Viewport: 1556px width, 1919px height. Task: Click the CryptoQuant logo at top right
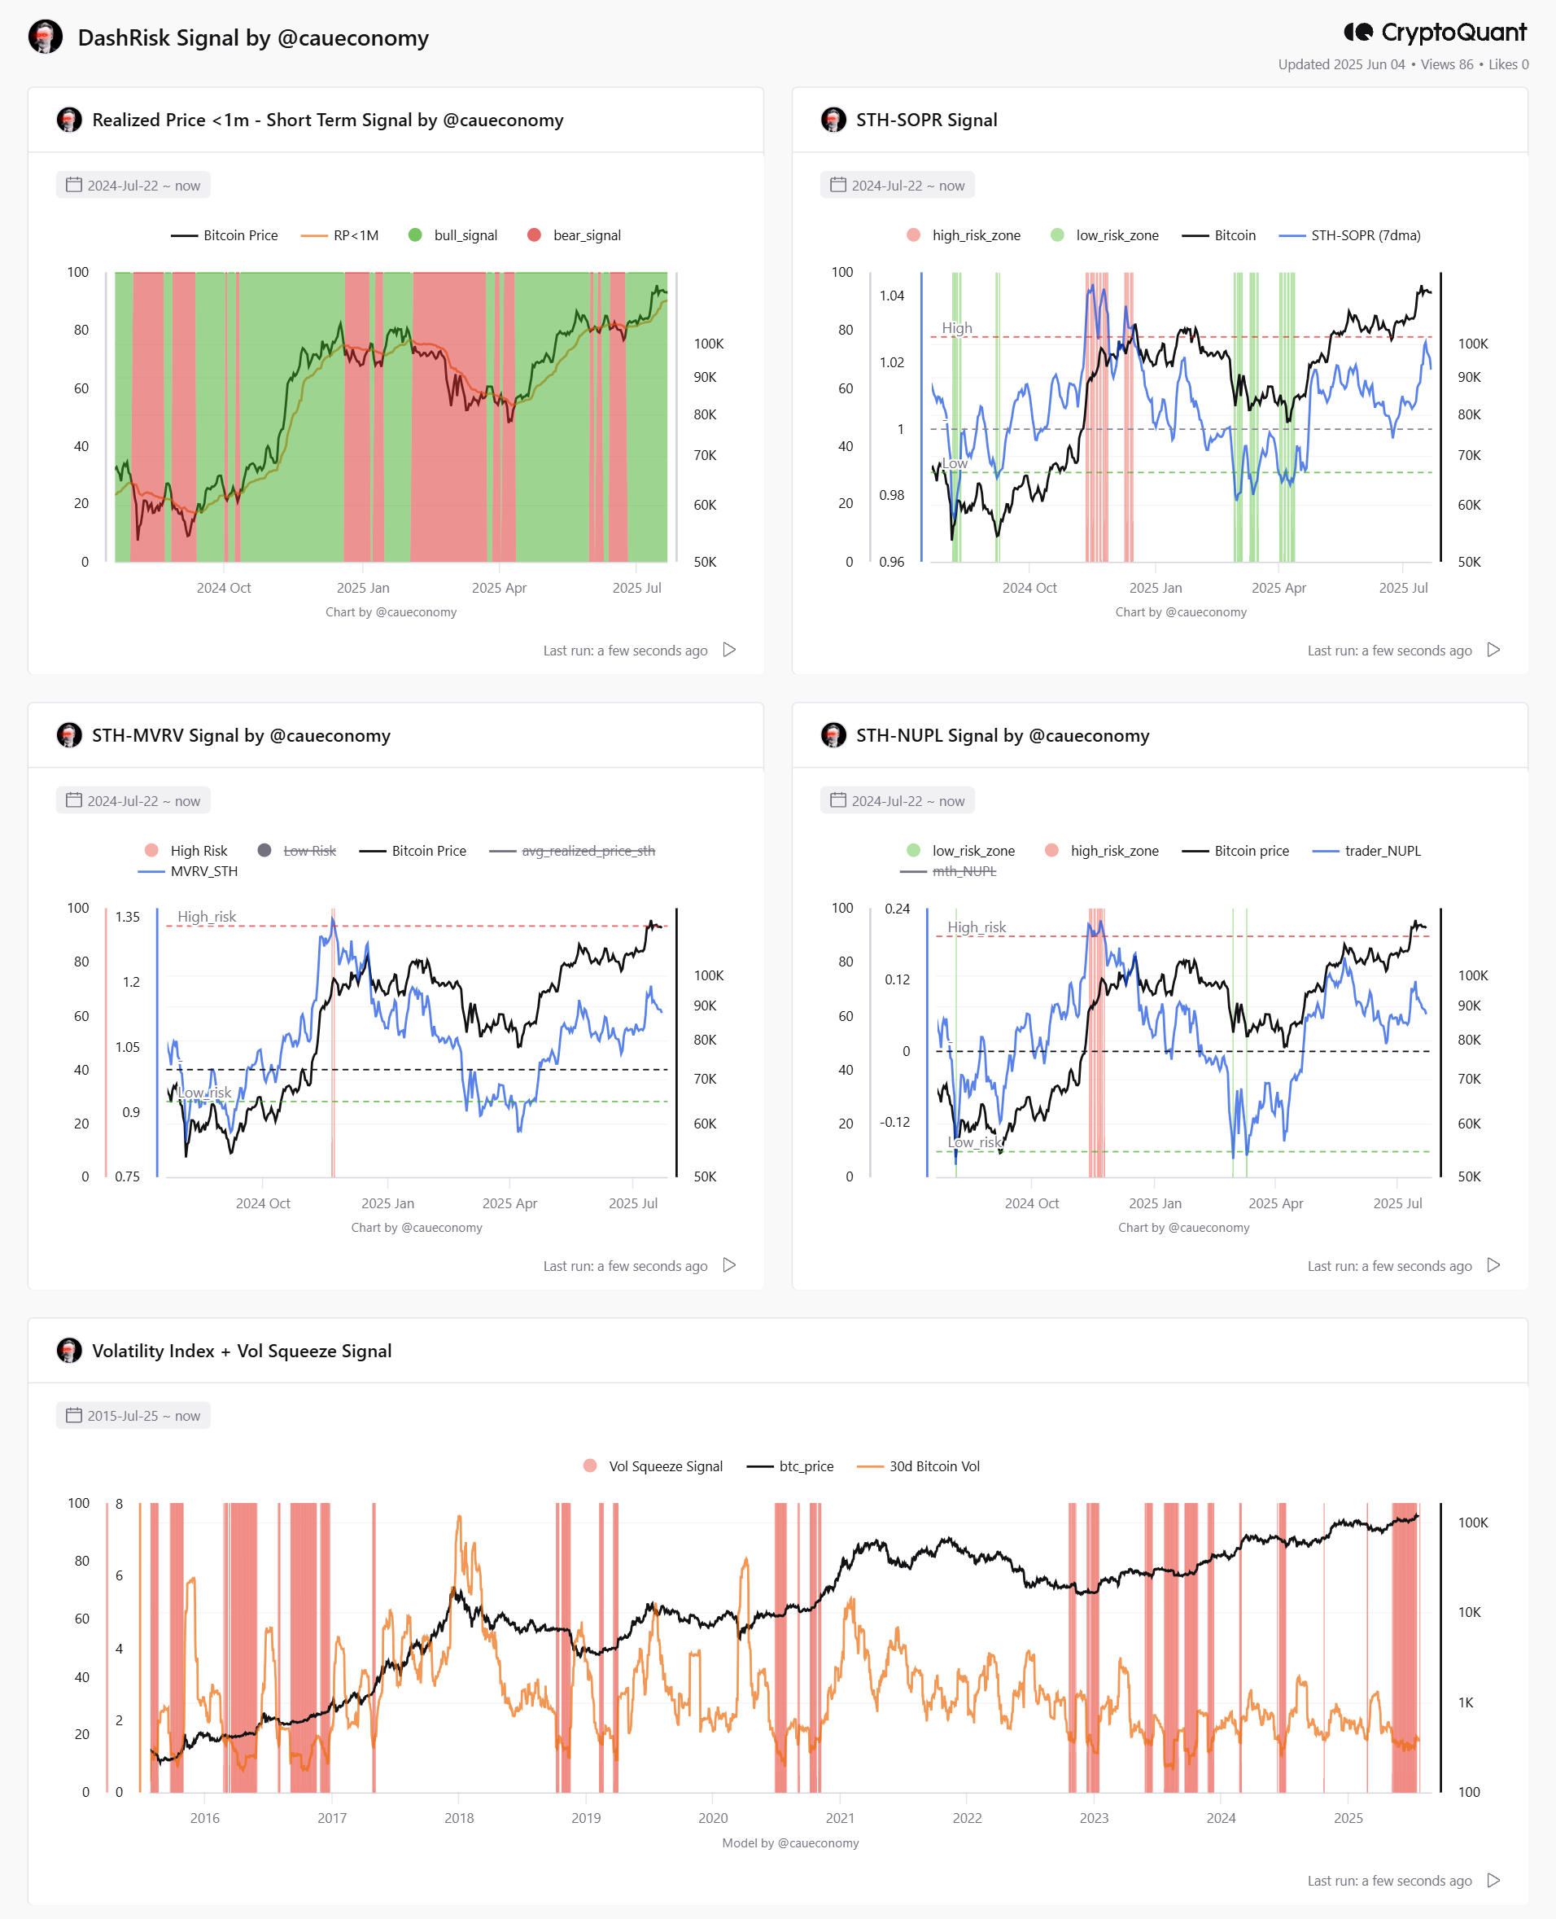coord(1434,33)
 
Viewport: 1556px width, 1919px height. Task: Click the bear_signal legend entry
coord(574,235)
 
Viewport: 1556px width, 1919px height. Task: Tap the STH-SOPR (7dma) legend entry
coord(1349,235)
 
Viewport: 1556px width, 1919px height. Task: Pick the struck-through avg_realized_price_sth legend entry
coord(572,850)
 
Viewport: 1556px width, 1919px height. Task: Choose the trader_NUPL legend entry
coord(1366,850)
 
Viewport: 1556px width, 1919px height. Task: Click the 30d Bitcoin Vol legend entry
coord(918,1466)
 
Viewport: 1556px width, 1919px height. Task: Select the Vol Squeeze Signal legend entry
coord(653,1466)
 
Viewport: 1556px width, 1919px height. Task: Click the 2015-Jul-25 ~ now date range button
coord(133,1415)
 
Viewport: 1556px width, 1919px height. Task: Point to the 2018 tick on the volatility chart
coord(459,1818)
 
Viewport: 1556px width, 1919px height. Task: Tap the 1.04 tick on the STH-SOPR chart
coord(892,296)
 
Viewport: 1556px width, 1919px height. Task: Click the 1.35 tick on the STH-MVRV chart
coord(127,917)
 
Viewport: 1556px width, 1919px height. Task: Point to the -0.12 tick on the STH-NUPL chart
coord(894,1122)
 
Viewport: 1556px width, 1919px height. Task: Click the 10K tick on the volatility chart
coord(1469,1611)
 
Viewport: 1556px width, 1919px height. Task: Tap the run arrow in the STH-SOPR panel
coord(1493,649)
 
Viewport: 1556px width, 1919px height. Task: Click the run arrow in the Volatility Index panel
coord(1493,1880)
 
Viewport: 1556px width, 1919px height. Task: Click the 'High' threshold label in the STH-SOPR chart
coord(956,327)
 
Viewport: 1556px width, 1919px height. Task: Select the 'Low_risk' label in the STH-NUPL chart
coord(974,1141)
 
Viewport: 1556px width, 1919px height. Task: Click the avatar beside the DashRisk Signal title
coord(46,37)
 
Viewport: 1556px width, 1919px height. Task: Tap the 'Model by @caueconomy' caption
coord(790,1842)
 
